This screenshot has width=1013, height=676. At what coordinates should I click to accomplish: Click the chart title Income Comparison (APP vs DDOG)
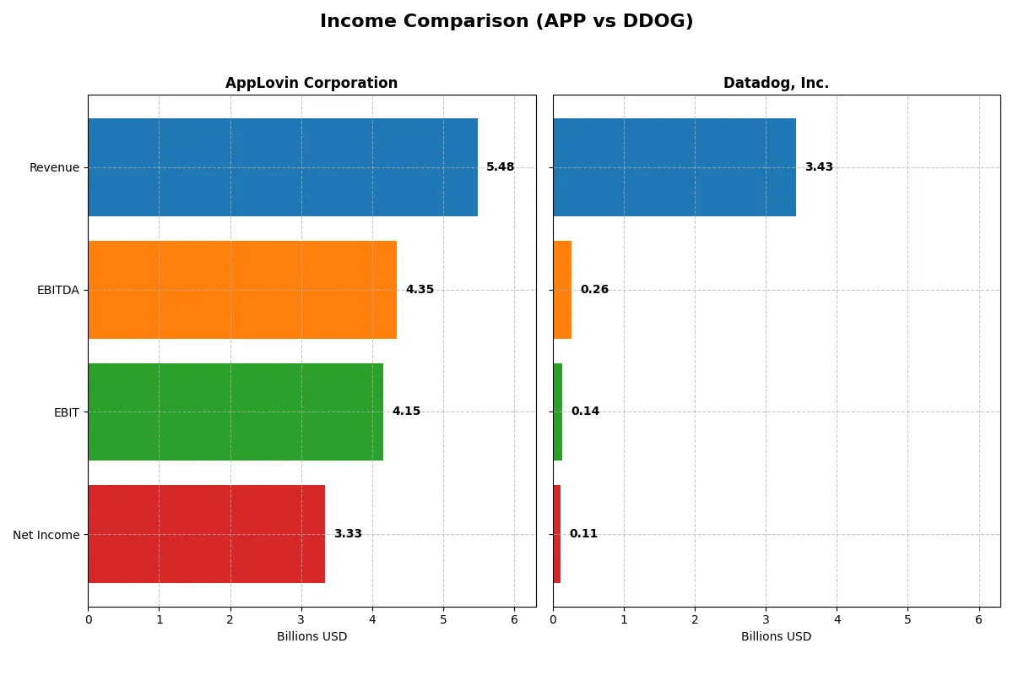pos(506,21)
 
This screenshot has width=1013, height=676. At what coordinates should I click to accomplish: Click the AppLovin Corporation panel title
pos(311,83)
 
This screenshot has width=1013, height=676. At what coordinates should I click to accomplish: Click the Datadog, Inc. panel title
pos(776,83)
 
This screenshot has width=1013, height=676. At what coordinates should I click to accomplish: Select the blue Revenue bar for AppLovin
pos(283,167)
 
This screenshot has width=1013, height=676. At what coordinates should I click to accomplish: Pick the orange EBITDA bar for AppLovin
pos(242,290)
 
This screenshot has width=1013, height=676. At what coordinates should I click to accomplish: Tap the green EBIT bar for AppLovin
pos(236,412)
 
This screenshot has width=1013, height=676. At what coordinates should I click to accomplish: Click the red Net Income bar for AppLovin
pos(206,534)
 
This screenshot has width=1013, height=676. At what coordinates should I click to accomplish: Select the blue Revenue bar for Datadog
pos(674,167)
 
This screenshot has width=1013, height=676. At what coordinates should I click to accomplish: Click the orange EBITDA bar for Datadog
pos(562,290)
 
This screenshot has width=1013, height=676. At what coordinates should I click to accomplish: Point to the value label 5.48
pos(500,167)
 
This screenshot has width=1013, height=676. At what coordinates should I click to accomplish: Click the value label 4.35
pos(420,290)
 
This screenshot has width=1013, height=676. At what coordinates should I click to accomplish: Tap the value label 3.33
pos(348,534)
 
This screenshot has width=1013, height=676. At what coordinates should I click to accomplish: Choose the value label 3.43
pos(819,167)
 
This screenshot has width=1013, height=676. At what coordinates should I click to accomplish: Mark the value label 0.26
pos(594,290)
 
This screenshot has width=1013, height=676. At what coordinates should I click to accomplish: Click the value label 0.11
pos(583,534)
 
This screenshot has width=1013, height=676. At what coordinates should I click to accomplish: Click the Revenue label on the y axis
pos(54,167)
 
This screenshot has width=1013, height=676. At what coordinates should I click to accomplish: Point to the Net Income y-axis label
pos(46,534)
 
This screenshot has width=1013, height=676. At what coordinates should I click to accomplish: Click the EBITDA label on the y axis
pos(58,290)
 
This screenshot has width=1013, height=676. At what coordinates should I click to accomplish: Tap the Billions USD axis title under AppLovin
pos(311,636)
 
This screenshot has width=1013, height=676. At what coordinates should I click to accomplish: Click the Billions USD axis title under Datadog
pos(776,636)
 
